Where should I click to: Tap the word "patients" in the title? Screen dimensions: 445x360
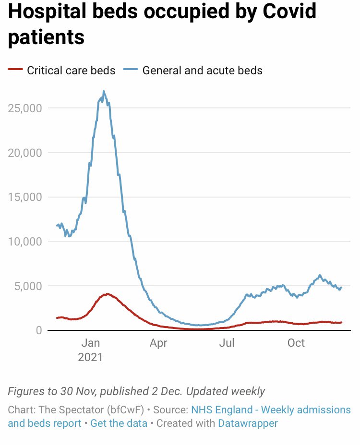[46, 37]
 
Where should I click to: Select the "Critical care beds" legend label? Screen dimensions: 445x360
[71, 70]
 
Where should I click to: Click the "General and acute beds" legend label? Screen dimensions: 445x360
[202, 70]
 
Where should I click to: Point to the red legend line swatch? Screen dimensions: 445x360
[15, 70]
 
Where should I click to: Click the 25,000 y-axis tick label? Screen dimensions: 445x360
[25, 108]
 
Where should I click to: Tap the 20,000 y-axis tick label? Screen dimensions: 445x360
[25, 152]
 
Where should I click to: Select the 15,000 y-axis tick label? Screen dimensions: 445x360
[25, 197]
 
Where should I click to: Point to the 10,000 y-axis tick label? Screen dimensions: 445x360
[25, 241]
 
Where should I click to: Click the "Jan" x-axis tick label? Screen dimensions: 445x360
[90, 343]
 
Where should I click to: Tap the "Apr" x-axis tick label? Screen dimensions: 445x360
[158, 343]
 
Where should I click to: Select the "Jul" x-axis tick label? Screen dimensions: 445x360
[227, 343]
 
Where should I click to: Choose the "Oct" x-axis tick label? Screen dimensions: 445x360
[296, 343]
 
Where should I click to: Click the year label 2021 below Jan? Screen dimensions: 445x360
[90, 357]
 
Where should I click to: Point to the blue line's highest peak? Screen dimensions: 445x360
[104, 91]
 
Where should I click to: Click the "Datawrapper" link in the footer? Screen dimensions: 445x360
[248, 423]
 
